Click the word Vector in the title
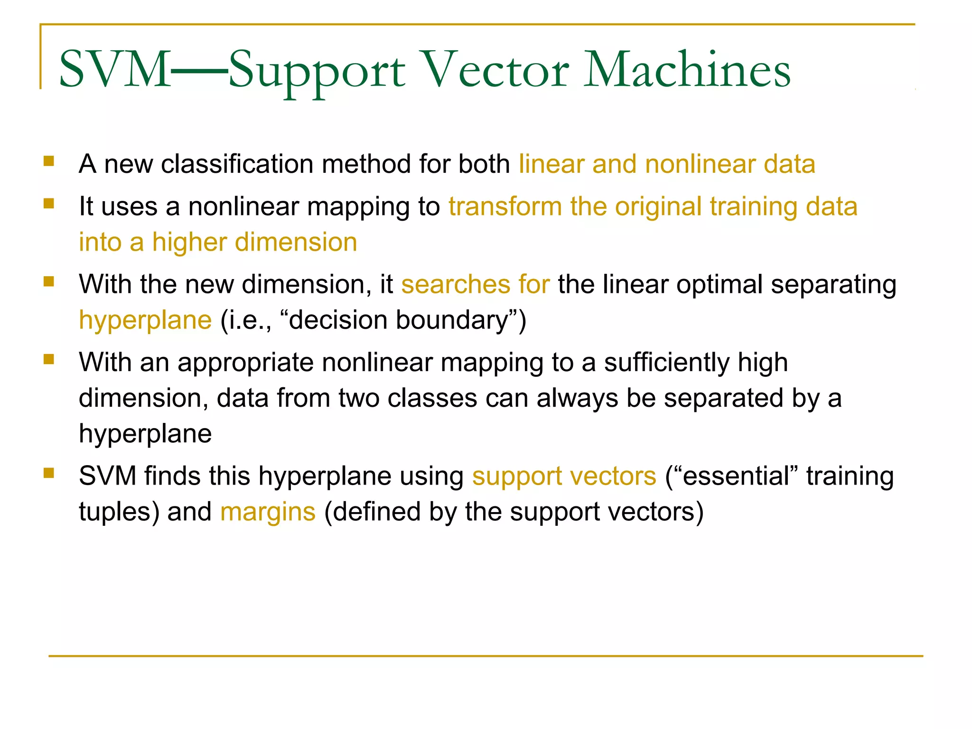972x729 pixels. tap(495, 70)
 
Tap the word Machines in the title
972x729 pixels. tap(687, 70)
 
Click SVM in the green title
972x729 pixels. tap(114, 70)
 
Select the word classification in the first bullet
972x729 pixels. tap(237, 164)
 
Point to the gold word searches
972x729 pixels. tap(455, 285)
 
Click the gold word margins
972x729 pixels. tap(268, 512)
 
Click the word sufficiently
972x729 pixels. tap(666, 363)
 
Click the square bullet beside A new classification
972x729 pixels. tap(48, 161)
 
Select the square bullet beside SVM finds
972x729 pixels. tap(48, 473)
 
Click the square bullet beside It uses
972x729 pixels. tap(48, 204)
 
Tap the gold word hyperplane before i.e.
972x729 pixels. tap(145, 320)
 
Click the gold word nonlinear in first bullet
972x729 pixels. tap(700, 164)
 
